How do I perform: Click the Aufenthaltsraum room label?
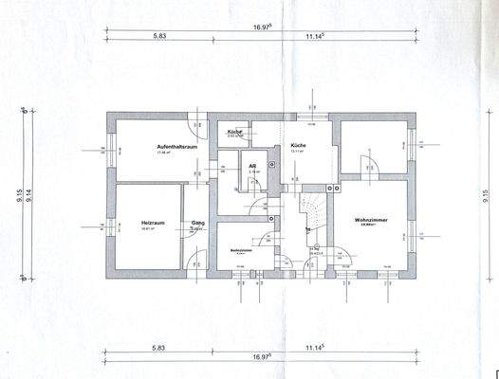point(176,148)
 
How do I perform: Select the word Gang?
point(198,223)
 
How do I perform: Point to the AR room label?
point(252,166)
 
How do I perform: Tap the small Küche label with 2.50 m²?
point(233,131)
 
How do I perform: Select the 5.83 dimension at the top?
point(159,35)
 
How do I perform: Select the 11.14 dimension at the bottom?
point(316,349)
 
